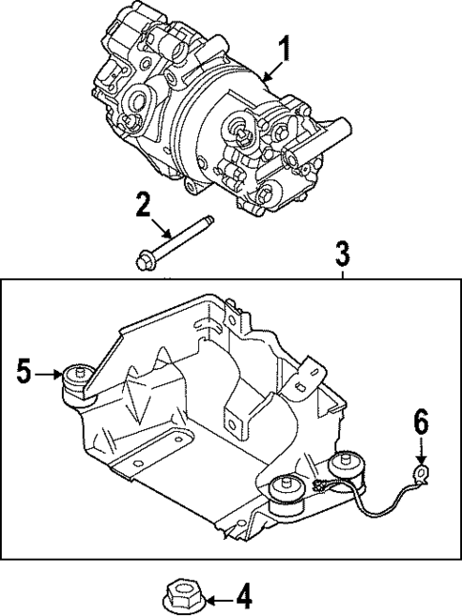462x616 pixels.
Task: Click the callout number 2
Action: [142, 203]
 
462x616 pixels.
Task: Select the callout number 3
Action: [342, 255]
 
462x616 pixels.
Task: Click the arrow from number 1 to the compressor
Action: [271, 68]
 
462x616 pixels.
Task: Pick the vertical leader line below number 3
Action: [342, 273]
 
